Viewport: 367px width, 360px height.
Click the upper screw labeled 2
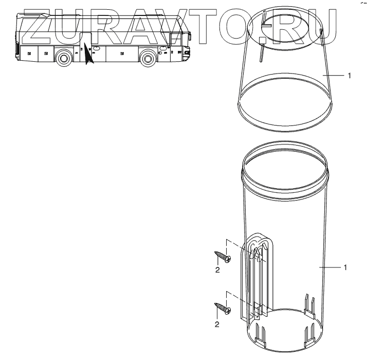click(223, 257)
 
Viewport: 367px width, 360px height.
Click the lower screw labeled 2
click(223, 309)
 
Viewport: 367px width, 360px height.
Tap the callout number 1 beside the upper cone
click(349, 76)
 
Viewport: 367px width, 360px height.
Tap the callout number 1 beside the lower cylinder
click(345, 267)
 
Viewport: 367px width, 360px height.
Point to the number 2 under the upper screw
click(217, 270)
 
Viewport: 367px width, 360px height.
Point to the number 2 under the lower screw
click(217, 325)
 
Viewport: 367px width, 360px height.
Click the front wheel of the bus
click(148, 58)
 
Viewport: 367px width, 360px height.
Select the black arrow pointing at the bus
click(88, 53)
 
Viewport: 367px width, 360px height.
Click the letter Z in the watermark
click(38, 27)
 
